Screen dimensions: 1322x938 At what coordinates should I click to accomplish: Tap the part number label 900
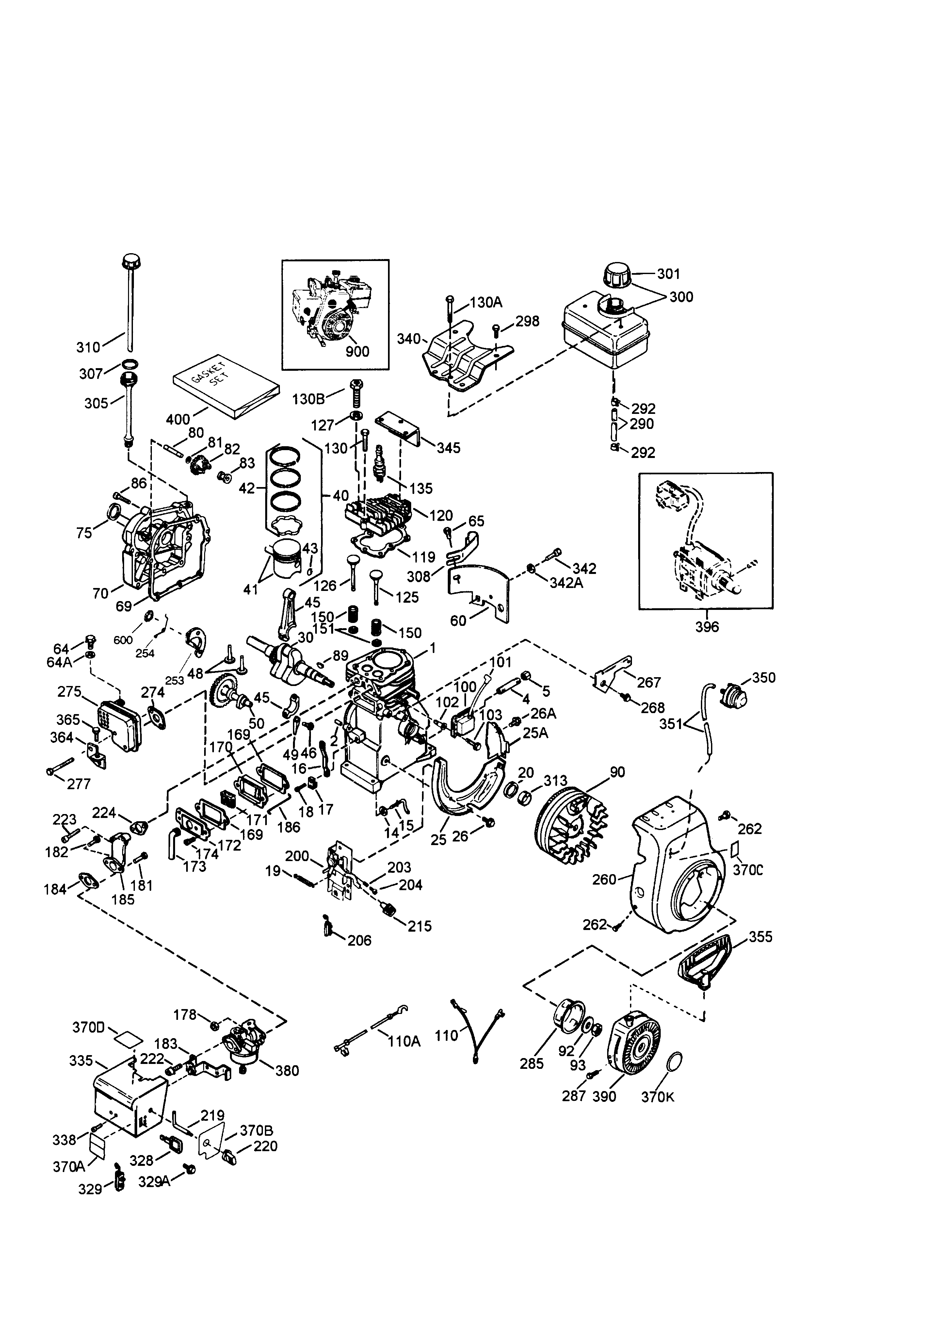(x=357, y=351)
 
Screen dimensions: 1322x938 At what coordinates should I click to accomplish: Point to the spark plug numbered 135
(x=380, y=464)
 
